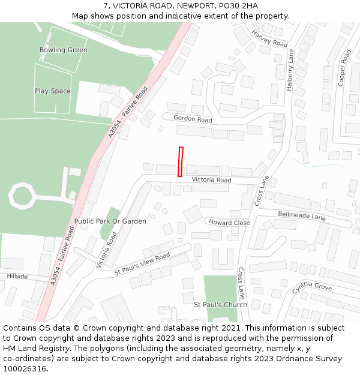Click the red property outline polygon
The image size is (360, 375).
pos(180,162)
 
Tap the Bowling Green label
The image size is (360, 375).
pos(63,50)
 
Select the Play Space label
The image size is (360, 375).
pos(52,91)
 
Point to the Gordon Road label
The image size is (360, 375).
pos(193,119)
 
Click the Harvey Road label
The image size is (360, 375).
pos(269,38)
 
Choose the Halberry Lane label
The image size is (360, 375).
pos(290,70)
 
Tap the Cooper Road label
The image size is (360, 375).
pos(344,68)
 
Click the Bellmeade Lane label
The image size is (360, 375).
pos(301,215)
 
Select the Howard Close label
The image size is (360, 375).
pos(229,223)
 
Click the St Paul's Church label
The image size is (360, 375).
pos(220,305)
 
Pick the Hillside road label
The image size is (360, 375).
pos(17,276)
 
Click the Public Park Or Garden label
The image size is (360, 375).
pos(110,221)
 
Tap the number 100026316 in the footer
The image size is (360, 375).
pos(25,369)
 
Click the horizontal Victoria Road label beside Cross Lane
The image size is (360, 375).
pos(211,180)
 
